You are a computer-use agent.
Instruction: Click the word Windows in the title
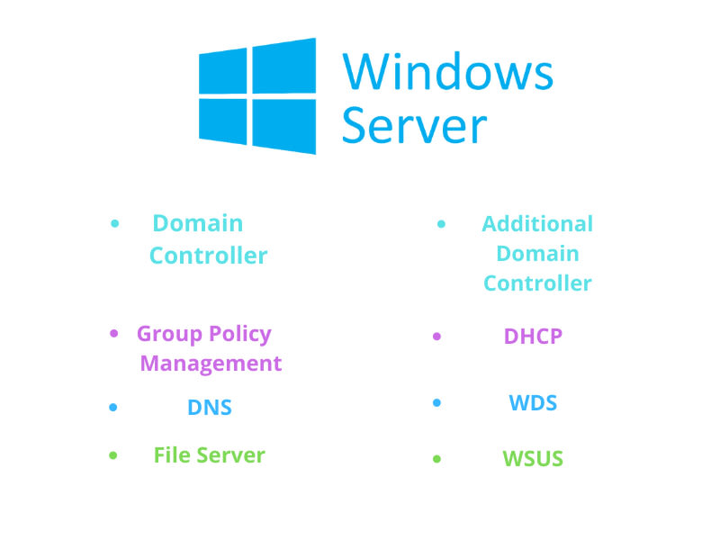[x=447, y=71]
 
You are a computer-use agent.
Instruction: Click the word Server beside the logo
[x=414, y=125]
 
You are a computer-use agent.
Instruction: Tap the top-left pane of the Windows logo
[x=222, y=71]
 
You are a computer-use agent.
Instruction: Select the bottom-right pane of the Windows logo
[x=284, y=126]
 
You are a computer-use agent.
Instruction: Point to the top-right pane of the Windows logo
[x=284, y=66]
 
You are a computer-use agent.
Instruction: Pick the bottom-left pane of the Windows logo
[x=222, y=121]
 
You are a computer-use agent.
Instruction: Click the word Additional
[x=537, y=224]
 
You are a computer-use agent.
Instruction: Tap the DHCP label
[x=533, y=336]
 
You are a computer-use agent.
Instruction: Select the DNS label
[x=210, y=408]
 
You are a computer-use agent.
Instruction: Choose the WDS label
[x=533, y=402]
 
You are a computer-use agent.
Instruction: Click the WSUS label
[x=533, y=458]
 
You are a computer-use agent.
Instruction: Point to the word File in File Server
[x=172, y=455]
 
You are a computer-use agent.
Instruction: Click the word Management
[x=211, y=364]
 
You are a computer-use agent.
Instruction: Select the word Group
[x=169, y=334]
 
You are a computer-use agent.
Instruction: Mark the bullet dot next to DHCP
[x=436, y=337]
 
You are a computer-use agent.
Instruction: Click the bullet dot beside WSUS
[x=436, y=459]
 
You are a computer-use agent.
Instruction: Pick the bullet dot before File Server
[x=113, y=455]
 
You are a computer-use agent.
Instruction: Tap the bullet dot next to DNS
[x=113, y=408]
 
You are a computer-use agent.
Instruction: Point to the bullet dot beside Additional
[x=441, y=224]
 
